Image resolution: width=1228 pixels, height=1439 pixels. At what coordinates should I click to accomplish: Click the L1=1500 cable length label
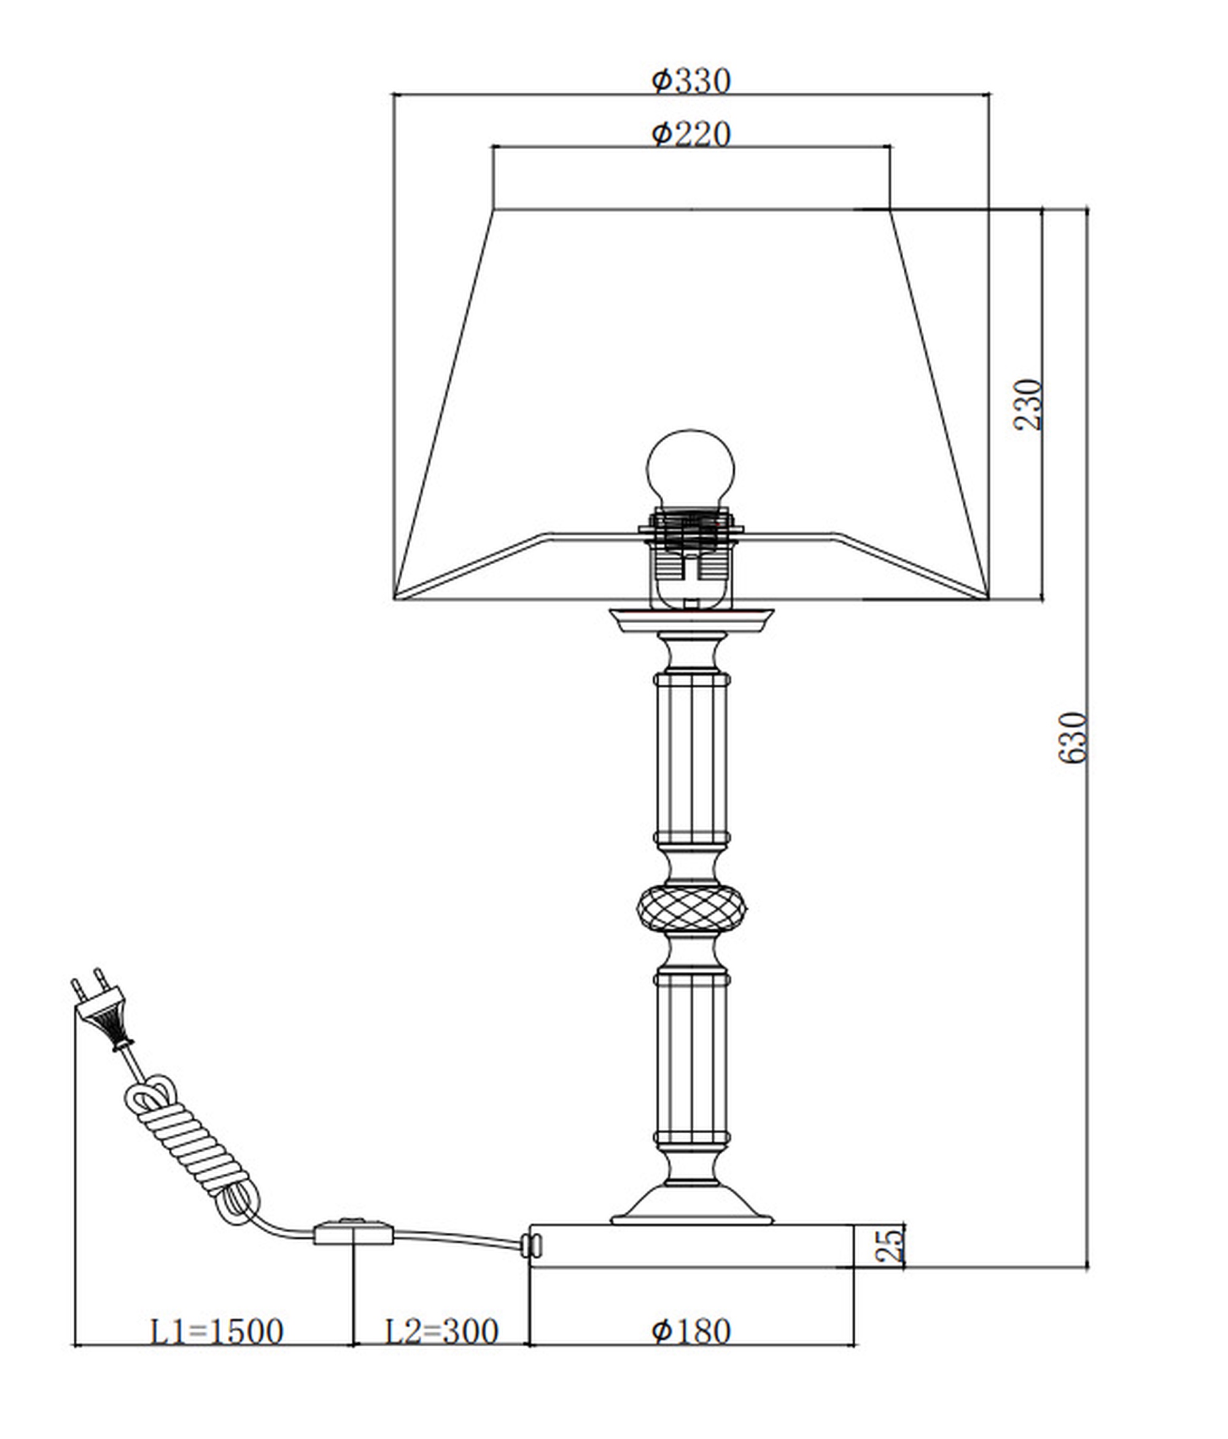coord(217,1332)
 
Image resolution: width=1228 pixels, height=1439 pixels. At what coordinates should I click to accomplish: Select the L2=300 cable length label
coord(441,1332)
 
